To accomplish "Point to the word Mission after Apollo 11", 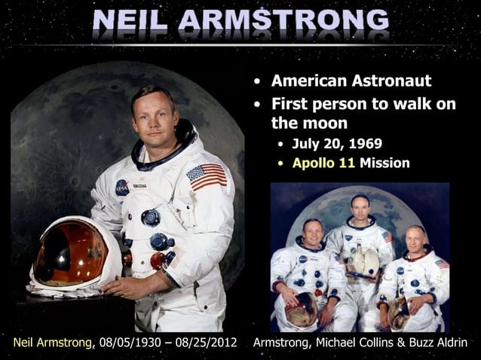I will [384, 162].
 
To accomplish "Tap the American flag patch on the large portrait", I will [206, 176].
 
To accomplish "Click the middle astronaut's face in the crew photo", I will [360, 208].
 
